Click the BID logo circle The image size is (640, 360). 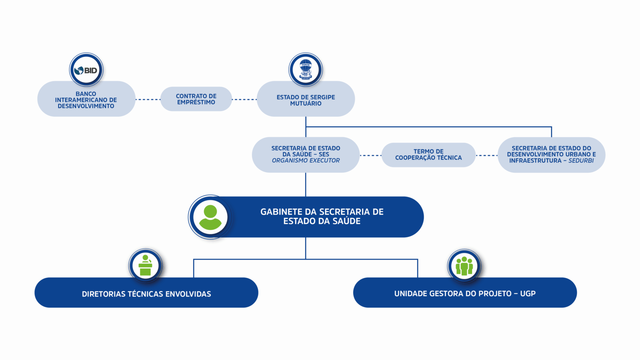pyautogui.click(x=86, y=70)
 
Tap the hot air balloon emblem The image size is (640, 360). pyautogui.click(x=306, y=70)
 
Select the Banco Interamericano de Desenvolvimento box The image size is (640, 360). pyautogui.click(x=86, y=100)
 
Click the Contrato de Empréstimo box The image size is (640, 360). pyautogui.click(x=196, y=99)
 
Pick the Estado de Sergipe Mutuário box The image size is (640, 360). pyautogui.click(x=306, y=100)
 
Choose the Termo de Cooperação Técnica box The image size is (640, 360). pyautogui.click(x=428, y=155)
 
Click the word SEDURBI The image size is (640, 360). pyautogui.click(x=581, y=161)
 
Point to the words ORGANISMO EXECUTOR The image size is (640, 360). pyautogui.click(x=306, y=161)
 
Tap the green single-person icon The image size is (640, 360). pyautogui.click(x=210, y=217)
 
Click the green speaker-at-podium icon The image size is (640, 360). pyautogui.click(x=145, y=266)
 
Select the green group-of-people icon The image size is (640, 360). pyautogui.click(x=464, y=266)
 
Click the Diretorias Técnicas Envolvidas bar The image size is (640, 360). pyautogui.click(x=146, y=294)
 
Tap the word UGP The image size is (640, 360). pyautogui.click(x=528, y=294)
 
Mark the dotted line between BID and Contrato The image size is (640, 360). pyautogui.click(x=148, y=99)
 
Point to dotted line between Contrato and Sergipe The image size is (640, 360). pyautogui.click(x=244, y=99)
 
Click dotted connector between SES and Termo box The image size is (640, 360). pyautogui.click(x=370, y=155)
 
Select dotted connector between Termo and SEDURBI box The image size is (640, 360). pyautogui.click(x=486, y=155)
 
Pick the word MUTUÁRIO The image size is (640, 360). pyautogui.click(x=306, y=104)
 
